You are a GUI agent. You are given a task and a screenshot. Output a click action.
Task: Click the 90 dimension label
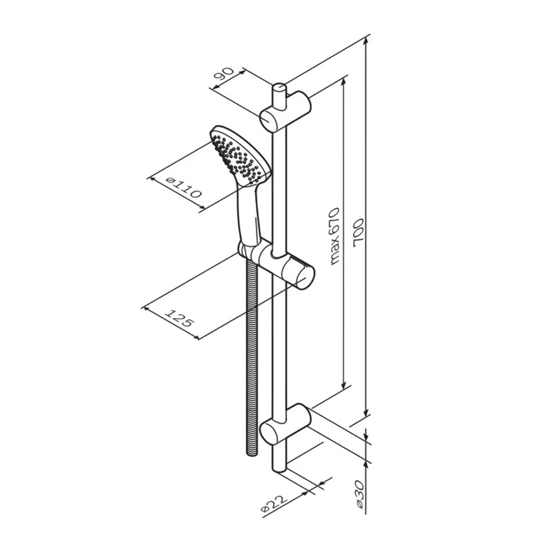pyautogui.click(x=224, y=75)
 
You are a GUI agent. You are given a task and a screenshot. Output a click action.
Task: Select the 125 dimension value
pyautogui.click(x=180, y=318)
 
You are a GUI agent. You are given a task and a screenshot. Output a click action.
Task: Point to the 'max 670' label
pyautogui.click(x=334, y=236)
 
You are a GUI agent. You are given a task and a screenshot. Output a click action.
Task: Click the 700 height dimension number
pyautogui.click(x=358, y=231)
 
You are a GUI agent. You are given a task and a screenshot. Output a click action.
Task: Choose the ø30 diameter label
pyautogui.click(x=359, y=494)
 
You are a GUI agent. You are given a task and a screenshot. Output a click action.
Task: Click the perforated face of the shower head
pyautogui.click(x=235, y=158)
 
